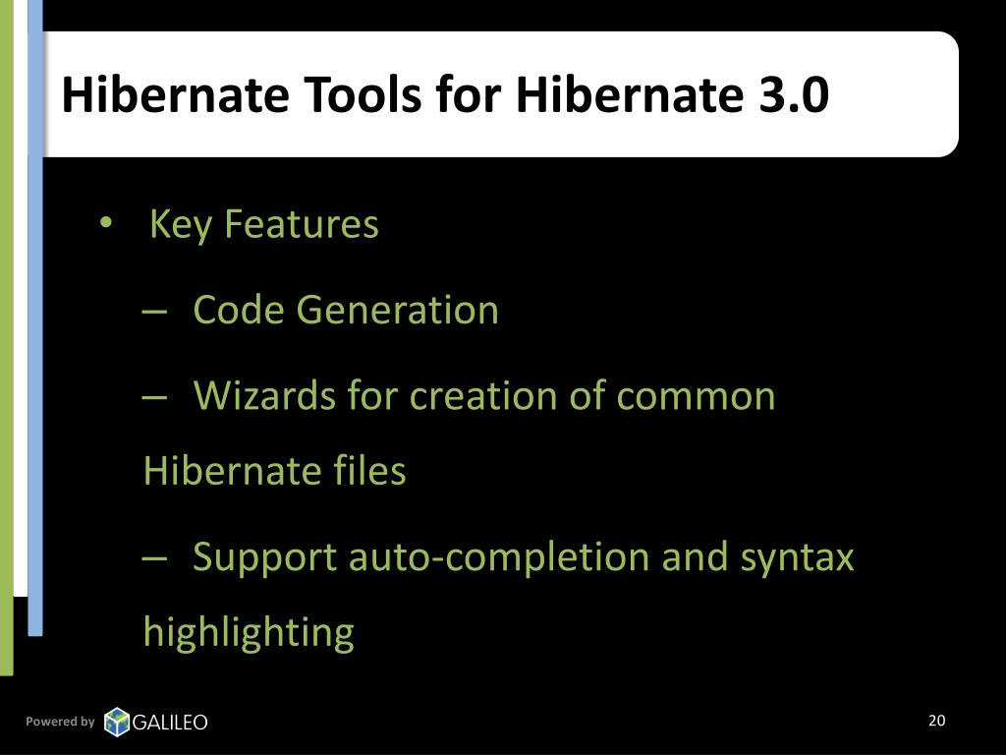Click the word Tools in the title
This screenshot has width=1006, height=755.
(355, 95)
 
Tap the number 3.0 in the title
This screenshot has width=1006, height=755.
(793, 95)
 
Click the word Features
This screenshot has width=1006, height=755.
(301, 225)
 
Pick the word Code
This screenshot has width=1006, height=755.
(239, 311)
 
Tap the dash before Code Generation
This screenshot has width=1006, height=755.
(153, 311)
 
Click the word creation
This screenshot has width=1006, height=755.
(471, 396)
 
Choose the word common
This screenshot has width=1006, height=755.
(696, 396)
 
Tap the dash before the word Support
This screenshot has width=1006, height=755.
(153, 557)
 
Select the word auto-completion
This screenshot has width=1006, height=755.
(500, 557)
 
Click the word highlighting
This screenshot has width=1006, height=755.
(248, 632)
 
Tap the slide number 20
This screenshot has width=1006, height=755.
(936, 721)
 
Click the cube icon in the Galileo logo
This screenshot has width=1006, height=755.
(117, 723)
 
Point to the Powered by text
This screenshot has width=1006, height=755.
(60, 722)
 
